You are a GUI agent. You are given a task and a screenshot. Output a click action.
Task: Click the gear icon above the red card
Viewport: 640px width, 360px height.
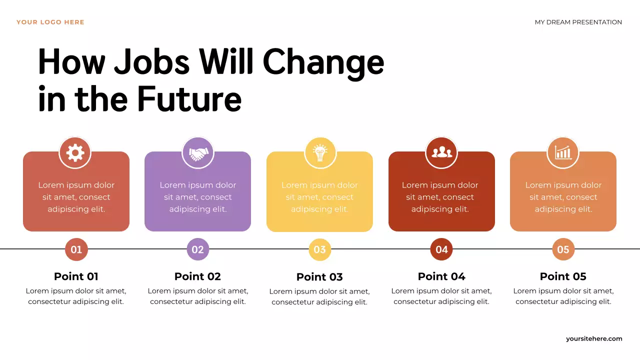(x=75, y=152)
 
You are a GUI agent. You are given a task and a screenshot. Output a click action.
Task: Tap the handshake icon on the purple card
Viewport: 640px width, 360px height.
(x=198, y=152)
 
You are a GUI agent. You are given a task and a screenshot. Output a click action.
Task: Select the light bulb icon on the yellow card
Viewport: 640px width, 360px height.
(x=320, y=152)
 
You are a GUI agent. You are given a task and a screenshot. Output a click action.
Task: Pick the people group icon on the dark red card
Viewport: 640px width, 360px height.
(x=441, y=152)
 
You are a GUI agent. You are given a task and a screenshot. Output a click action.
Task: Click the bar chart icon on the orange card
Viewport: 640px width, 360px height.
(x=563, y=152)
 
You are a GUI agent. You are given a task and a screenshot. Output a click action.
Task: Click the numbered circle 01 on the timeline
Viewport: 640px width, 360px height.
(x=76, y=249)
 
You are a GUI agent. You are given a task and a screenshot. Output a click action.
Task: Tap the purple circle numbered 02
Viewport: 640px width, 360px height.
(x=198, y=249)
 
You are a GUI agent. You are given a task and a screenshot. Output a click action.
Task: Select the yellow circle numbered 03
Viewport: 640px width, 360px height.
(x=320, y=249)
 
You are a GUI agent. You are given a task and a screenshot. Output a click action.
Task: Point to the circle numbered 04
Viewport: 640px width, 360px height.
(x=441, y=249)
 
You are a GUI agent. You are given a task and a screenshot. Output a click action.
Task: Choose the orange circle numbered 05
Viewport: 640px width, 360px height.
(x=563, y=249)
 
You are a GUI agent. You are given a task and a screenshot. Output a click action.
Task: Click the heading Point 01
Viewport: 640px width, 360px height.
(x=76, y=276)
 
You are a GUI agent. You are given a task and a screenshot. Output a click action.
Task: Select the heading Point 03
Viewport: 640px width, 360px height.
(x=319, y=277)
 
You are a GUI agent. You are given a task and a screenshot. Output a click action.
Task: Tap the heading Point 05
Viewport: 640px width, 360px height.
(x=563, y=276)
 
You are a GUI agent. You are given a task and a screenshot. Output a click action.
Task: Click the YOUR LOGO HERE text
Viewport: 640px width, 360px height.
(x=50, y=22)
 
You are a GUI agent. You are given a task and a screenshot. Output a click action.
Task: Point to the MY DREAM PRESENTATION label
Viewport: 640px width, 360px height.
(x=578, y=22)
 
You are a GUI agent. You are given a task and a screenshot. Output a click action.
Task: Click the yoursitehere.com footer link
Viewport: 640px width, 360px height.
(x=594, y=338)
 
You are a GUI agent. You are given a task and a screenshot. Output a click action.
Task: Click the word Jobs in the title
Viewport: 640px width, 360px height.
(x=152, y=62)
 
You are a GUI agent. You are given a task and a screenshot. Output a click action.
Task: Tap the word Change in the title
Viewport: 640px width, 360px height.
(x=323, y=62)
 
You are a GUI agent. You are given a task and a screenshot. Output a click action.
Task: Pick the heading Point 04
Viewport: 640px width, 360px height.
(x=441, y=276)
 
